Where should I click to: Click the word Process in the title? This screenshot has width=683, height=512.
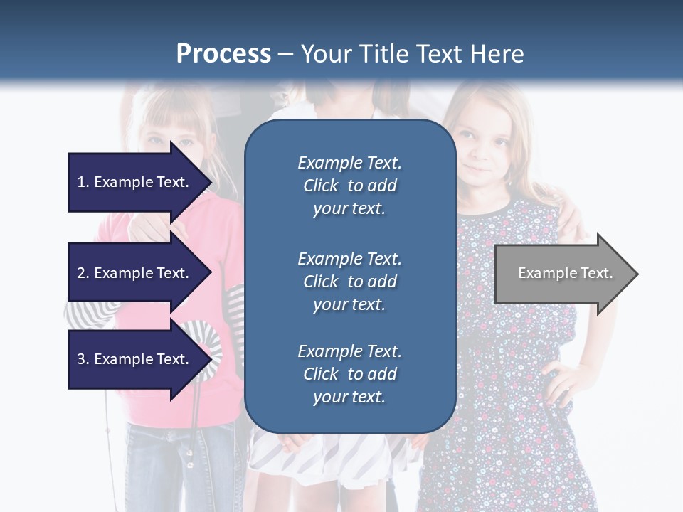pyautogui.click(x=223, y=54)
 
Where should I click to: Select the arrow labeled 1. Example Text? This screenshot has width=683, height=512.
pyautogui.click(x=135, y=182)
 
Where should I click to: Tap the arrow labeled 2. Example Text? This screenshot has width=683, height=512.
pyautogui.click(x=135, y=273)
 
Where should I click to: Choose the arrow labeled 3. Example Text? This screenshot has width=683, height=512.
pyautogui.click(x=135, y=359)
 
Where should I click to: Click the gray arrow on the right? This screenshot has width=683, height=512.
pyautogui.click(x=562, y=274)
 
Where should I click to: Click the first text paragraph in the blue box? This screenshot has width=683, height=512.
pyautogui.click(x=349, y=186)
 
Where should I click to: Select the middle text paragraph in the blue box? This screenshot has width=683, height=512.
pyautogui.click(x=349, y=282)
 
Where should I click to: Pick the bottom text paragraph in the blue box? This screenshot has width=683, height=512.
pyautogui.click(x=349, y=374)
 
